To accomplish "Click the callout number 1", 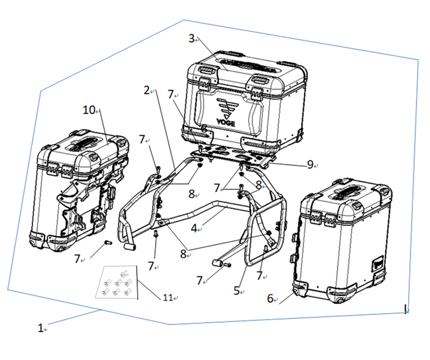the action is tap(40, 328).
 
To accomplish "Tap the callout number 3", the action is tap(191, 38).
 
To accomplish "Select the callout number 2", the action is tap(147, 90).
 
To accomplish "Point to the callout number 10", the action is tap(89, 110).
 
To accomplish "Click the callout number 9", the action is tap(310, 164).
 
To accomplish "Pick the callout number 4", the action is tap(194, 228).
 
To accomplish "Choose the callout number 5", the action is tap(236, 291).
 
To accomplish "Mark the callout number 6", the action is tap(270, 298).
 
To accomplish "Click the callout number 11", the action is tap(168, 298).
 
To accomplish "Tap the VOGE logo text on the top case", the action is tap(226, 123).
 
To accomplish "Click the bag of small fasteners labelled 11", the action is tap(116, 282).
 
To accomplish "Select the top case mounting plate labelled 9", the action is tap(233, 156).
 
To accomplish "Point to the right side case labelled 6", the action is tap(341, 242).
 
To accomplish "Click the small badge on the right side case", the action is tap(378, 264).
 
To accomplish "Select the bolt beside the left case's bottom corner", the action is tap(108, 243).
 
